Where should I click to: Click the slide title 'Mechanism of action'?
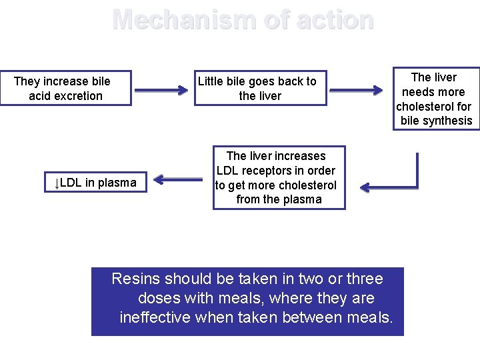pos(243,19)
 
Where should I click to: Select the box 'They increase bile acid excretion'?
pos(65,88)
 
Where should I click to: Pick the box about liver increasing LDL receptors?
pos(279,177)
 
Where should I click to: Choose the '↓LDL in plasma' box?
pos(95,183)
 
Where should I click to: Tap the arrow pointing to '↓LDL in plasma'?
pos(178,179)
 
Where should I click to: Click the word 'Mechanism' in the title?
pos(179,19)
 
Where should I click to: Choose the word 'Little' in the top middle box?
pos(213,81)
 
